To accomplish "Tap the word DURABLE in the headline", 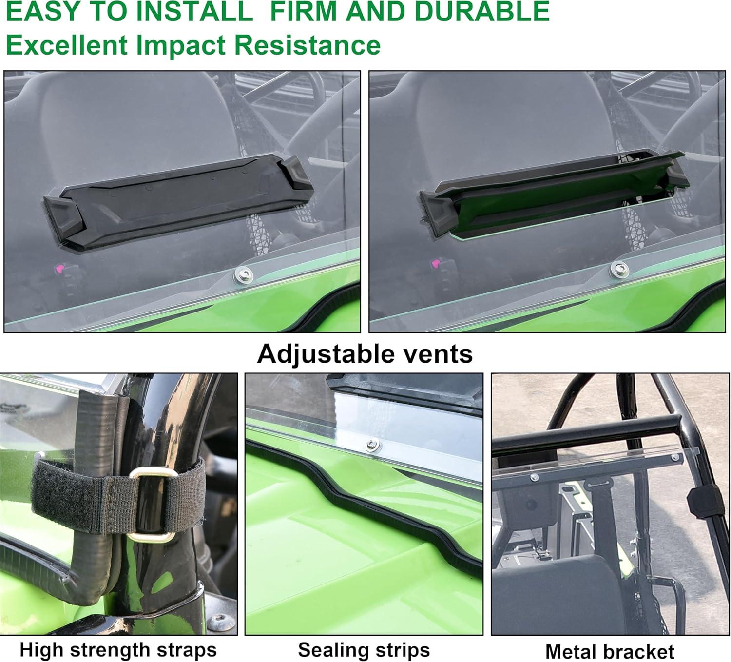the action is click(482, 12).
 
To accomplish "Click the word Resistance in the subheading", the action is click(307, 45).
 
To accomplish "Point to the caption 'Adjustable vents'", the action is click(365, 353).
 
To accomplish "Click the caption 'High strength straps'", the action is click(118, 649).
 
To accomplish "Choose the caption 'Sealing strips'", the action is click(364, 649).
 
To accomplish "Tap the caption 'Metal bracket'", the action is click(610, 651).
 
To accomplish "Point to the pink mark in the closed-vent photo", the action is click(59, 269).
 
